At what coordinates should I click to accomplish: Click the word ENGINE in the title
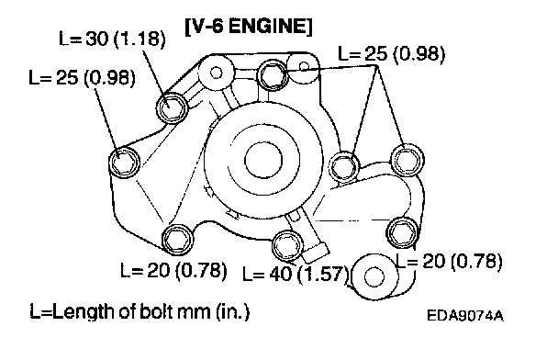point(270,26)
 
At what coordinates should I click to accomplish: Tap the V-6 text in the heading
point(205,26)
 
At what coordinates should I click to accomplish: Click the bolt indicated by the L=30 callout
point(173,107)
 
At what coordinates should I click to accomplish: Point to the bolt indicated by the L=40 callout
point(287,245)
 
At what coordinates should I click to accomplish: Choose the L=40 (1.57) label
point(296,275)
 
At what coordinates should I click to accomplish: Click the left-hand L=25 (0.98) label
point(83,77)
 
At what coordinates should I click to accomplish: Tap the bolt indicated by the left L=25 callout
point(124,162)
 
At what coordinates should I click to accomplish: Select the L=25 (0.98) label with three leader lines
point(392,54)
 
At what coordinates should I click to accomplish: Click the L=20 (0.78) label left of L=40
point(173,270)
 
